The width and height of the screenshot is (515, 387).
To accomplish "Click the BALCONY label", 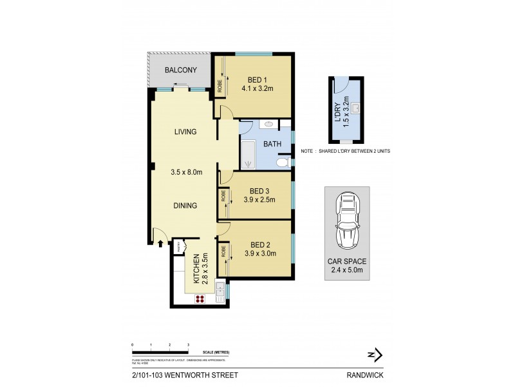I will point(180,70).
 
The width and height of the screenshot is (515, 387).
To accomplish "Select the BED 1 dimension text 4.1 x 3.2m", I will point(258,89).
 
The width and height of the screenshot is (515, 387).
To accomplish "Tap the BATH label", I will point(271,144).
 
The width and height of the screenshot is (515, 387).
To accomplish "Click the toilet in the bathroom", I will point(282,164).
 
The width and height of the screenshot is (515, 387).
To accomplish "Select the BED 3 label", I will point(260,191).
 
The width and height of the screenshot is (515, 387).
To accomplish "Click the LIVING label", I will point(185,132).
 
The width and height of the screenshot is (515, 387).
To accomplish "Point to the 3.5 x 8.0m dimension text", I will point(187,172).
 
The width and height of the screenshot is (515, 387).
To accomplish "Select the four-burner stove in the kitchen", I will point(200,298).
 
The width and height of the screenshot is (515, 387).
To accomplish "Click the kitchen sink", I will point(220,292).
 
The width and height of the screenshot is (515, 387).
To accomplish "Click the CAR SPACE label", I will point(346,263).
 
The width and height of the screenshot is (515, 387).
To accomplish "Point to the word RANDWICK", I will point(364,373).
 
